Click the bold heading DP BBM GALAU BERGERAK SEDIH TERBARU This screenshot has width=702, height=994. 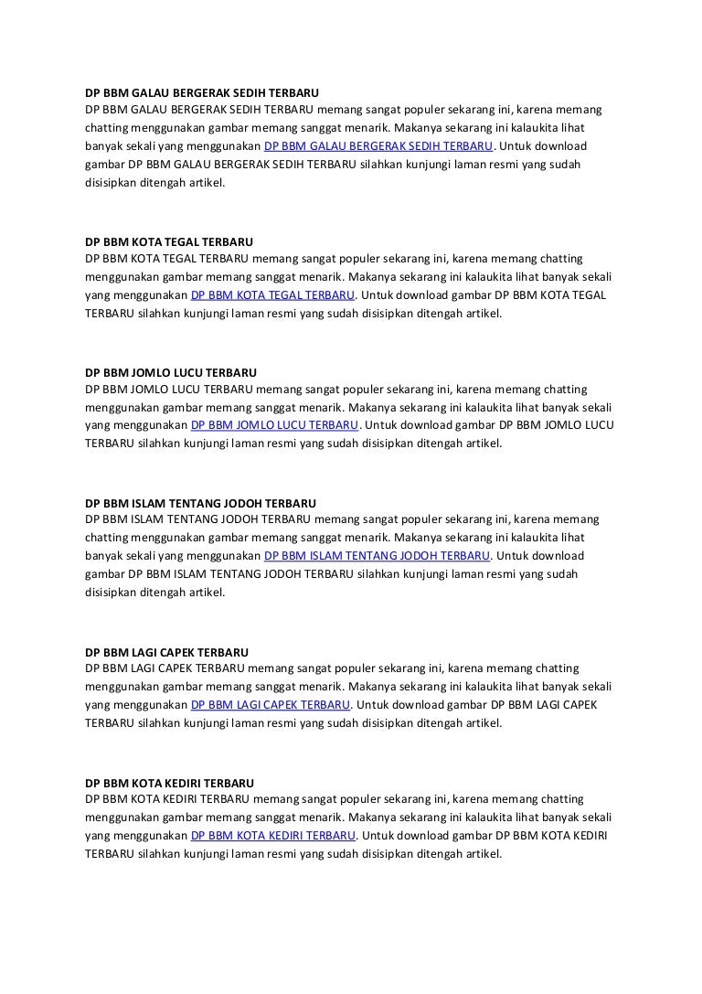pos(202,92)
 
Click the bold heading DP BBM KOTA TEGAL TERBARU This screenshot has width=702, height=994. pos(169,242)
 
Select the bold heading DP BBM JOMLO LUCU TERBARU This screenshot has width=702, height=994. pos(171,373)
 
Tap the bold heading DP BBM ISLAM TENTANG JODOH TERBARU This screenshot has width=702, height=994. pos(200,504)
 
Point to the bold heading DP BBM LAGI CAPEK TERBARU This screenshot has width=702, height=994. pos(166,653)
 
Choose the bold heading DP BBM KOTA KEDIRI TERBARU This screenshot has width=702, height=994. pos(169,784)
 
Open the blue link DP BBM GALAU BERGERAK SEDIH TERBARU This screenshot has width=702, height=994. pos(378,146)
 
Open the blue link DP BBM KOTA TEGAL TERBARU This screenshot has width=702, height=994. pos(272,295)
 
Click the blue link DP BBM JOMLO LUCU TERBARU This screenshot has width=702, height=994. pos(274,426)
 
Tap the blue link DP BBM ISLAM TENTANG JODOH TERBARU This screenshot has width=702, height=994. pos(377,556)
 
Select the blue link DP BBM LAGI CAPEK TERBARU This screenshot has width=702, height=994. pos(271,705)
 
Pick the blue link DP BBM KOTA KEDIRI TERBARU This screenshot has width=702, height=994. pos(272,836)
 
